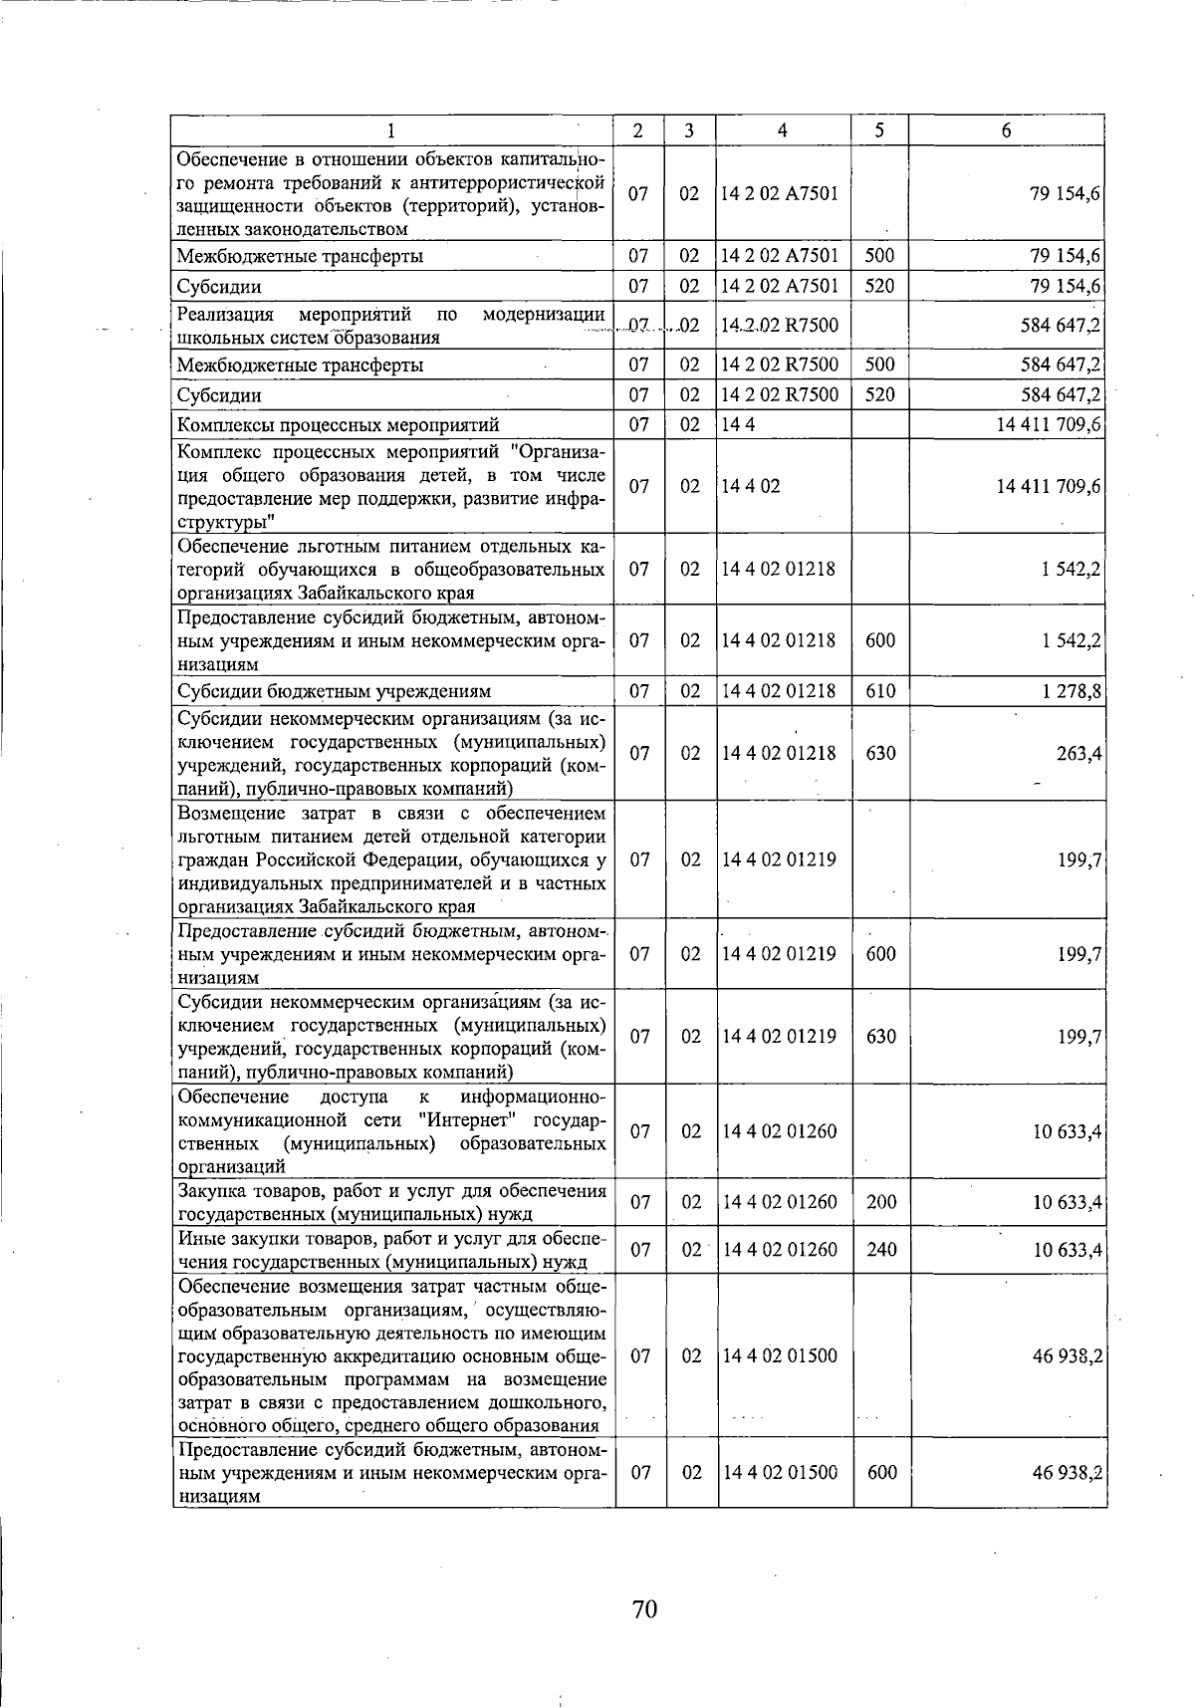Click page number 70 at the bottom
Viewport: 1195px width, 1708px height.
pos(644,1608)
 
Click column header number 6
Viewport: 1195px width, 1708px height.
pos(1007,130)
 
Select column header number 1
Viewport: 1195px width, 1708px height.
pos(391,130)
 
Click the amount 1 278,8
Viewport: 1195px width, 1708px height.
pos(1072,691)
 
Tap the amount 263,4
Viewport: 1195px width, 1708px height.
pos(1078,754)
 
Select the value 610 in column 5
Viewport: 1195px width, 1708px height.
pos(880,691)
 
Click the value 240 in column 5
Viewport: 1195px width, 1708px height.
pos(881,1249)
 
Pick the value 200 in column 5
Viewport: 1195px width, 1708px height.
pos(881,1202)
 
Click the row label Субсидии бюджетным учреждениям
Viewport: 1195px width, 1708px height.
pos(334,691)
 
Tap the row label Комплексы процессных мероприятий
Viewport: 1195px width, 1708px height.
pos(338,425)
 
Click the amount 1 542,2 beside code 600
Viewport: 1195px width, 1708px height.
pos(1072,640)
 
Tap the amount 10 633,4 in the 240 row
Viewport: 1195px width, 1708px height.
pos(1067,1249)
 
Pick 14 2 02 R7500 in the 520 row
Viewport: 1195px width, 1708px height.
pos(780,394)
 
